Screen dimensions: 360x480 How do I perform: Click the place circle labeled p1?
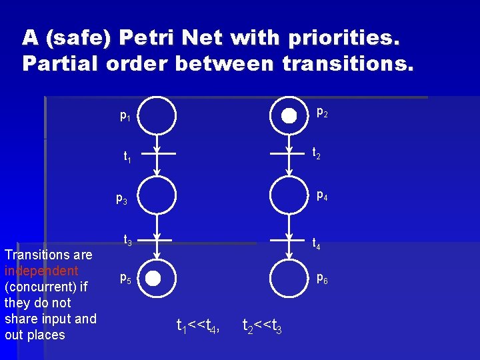click(157, 115)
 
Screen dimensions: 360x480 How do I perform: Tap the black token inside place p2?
click(289, 115)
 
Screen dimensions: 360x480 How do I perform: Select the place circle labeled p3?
click(157, 196)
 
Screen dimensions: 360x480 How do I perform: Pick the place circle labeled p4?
click(289, 196)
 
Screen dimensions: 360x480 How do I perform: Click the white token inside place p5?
click(153, 279)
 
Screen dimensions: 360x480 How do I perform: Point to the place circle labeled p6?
click(289, 279)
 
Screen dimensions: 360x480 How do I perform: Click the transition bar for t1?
click(158, 153)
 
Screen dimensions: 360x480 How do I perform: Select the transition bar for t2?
click(289, 153)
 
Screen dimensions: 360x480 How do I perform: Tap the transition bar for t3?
click(158, 237)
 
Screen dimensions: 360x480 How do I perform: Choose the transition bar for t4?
click(289, 237)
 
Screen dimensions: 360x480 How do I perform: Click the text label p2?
click(322, 113)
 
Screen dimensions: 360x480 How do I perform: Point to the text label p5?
click(125, 279)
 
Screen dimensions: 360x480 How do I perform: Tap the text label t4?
click(317, 245)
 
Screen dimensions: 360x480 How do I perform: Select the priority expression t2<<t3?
click(262, 325)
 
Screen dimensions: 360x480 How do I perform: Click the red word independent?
click(41, 271)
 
